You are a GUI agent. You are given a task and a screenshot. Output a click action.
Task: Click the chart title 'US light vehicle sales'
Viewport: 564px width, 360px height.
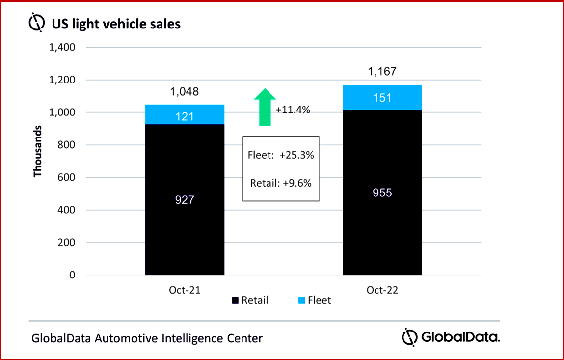tap(116, 23)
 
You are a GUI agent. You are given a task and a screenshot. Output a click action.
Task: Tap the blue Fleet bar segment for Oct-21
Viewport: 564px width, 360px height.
tap(185, 114)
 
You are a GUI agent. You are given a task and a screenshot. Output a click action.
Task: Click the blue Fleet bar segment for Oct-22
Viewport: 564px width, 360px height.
tap(382, 97)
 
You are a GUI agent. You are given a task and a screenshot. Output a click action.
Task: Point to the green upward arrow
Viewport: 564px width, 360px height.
tap(265, 107)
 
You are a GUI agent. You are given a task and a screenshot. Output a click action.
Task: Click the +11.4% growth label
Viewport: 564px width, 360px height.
tap(293, 110)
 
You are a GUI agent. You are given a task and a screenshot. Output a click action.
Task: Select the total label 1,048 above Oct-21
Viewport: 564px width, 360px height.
tap(185, 92)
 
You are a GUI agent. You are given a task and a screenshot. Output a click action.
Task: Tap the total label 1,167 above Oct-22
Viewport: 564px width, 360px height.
tap(382, 72)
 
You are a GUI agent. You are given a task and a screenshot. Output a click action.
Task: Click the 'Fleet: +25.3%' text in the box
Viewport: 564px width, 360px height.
tap(281, 155)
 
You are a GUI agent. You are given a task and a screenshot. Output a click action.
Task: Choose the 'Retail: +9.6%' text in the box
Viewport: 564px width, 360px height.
tap(281, 183)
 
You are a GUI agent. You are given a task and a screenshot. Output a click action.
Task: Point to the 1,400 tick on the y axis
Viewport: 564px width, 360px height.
tap(61, 48)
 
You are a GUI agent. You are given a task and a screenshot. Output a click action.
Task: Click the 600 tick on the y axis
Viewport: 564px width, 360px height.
tap(65, 177)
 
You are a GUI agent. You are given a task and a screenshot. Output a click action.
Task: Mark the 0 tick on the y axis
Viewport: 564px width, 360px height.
tap(72, 275)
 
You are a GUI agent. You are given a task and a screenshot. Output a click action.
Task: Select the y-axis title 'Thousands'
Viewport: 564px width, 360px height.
tap(38, 151)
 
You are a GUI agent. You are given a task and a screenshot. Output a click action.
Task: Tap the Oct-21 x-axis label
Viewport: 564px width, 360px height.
tap(185, 290)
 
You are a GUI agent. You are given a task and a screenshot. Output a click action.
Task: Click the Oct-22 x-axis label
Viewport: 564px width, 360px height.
tap(382, 290)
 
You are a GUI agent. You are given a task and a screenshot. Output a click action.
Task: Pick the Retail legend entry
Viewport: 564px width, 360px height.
tap(250, 300)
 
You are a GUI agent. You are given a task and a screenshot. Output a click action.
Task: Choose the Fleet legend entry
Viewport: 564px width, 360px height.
tap(314, 300)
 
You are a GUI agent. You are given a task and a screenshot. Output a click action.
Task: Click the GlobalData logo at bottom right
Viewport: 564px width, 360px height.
tap(451, 337)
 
